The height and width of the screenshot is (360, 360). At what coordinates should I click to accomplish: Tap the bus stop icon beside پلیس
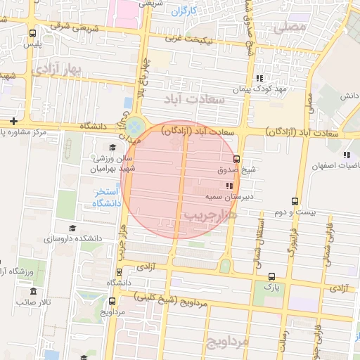33,33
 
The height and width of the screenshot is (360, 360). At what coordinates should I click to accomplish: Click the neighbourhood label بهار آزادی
57,69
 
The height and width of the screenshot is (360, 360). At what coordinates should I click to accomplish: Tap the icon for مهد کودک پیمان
259,78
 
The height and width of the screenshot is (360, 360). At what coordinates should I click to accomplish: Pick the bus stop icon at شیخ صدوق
236,158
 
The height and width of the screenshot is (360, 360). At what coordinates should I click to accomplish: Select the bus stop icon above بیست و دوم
294,201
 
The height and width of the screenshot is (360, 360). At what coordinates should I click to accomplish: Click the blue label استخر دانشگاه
108,198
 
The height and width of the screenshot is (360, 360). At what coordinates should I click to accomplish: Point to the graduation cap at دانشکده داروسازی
72,228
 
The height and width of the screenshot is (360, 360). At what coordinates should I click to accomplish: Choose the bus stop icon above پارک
267,276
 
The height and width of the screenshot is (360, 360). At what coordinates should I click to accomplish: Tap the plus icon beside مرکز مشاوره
13,121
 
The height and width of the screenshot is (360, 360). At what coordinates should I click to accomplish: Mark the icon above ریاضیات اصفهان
346,155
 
